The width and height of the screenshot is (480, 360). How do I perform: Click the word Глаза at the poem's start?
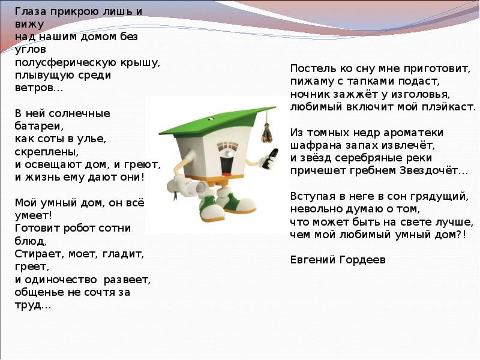point(31,11)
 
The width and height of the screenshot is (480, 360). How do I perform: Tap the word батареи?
point(39,126)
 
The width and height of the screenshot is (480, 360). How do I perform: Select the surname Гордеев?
point(362,260)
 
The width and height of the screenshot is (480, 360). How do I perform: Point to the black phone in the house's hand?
point(271,158)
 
